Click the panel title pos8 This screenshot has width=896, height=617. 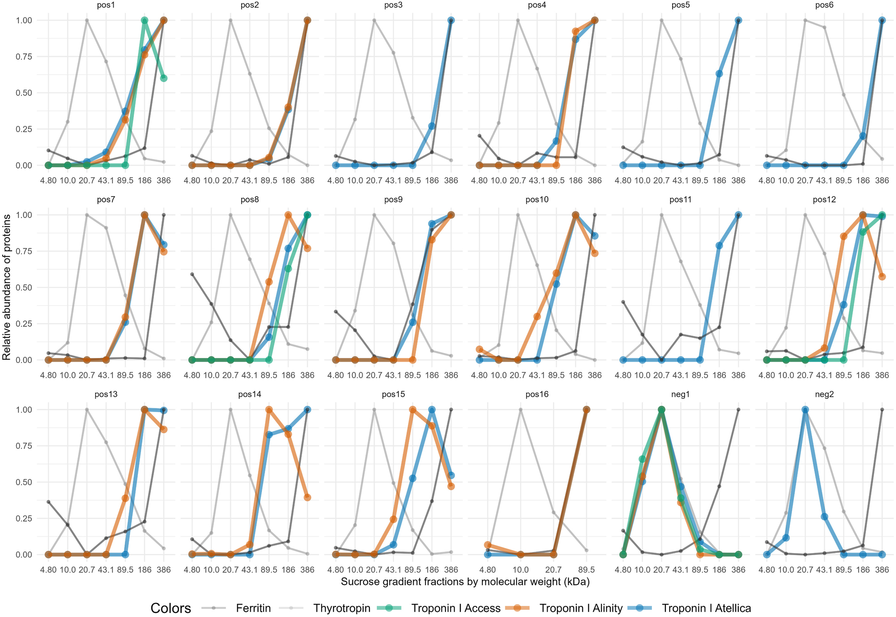(249, 200)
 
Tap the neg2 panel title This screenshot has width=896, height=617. (824, 395)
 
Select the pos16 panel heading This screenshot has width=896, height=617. (537, 395)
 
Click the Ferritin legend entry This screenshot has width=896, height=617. (253, 608)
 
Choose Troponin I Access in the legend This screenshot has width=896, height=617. (455, 608)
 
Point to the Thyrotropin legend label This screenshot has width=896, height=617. (342, 608)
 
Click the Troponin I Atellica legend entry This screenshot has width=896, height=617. (706, 608)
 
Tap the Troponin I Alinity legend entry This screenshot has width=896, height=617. (581, 608)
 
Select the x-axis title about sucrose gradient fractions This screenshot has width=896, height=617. (465, 582)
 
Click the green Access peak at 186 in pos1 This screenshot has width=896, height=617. (145, 21)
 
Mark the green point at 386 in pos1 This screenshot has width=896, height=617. (164, 78)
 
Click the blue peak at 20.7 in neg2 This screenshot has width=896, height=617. (805, 410)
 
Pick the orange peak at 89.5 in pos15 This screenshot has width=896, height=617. (413, 410)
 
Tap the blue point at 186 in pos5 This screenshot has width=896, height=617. (719, 73)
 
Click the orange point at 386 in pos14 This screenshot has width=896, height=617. (307, 497)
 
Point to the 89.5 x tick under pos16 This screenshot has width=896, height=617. (586, 570)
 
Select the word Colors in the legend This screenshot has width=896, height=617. (171, 608)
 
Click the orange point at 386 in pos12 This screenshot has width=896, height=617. (882, 276)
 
